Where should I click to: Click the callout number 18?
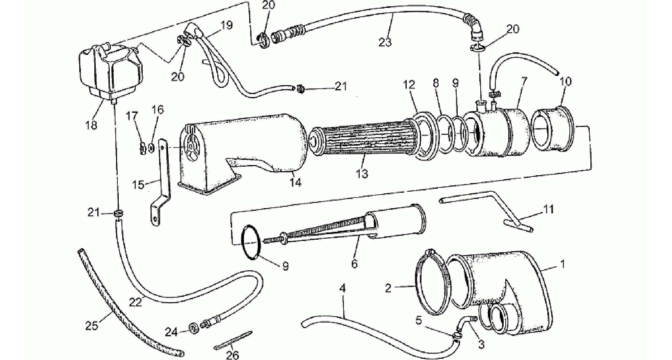tap(92, 125)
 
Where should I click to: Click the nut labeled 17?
tap(142, 148)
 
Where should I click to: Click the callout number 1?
tap(563, 264)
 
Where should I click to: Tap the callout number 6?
tap(354, 264)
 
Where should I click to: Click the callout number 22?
tap(135, 301)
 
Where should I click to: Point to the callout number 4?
tap(343, 289)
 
